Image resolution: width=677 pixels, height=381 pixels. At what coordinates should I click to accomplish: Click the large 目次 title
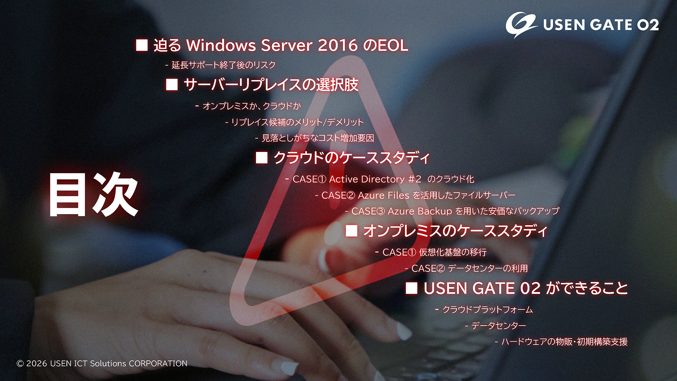pyautogui.click(x=94, y=194)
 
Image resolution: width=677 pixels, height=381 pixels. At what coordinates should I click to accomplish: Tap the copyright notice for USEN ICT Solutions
pyautogui.click(x=102, y=364)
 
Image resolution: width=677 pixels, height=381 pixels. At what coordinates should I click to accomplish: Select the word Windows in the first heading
pyautogui.click(x=221, y=45)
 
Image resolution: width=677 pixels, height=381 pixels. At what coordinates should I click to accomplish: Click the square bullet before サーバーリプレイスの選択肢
pyautogui.click(x=172, y=85)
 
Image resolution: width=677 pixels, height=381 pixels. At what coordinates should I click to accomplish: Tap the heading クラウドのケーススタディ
pyautogui.click(x=351, y=158)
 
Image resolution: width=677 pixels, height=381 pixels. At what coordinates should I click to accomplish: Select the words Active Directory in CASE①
pyautogui.click(x=367, y=179)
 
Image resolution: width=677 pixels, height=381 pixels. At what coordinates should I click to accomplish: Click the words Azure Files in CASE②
pyautogui.click(x=383, y=195)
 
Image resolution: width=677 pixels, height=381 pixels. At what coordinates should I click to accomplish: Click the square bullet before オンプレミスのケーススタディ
pyautogui.click(x=352, y=231)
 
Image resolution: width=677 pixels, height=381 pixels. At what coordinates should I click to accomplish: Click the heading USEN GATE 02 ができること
pyautogui.click(x=526, y=288)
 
